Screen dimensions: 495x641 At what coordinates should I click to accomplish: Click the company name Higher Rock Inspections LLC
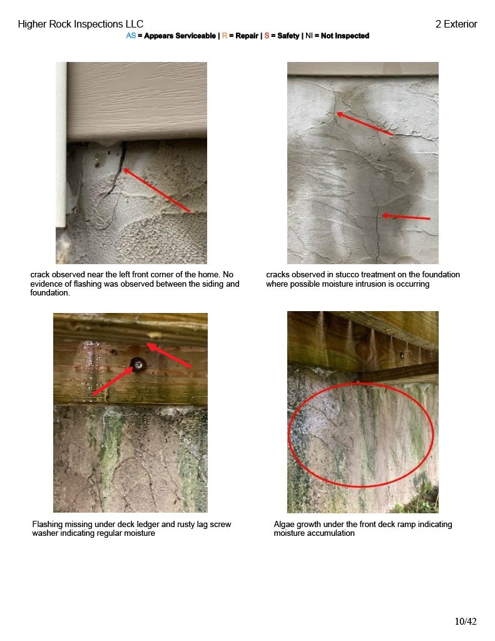(x=81, y=24)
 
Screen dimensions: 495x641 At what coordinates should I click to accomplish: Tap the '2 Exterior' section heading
(x=456, y=24)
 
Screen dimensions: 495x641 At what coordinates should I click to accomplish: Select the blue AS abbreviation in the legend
(x=131, y=36)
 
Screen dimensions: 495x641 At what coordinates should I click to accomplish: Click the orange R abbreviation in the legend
(x=225, y=36)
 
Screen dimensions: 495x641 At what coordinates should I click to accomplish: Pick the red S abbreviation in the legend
(x=267, y=36)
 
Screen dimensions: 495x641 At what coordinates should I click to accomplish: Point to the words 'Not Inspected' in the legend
(x=345, y=36)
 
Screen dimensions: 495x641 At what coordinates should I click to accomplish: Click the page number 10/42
(x=466, y=622)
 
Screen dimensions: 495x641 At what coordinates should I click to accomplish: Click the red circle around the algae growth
(x=289, y=434)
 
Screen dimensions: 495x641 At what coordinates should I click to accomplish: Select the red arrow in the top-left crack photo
(x=156, y=190)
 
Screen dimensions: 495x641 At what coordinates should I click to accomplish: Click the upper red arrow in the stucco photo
(x=365, y=123)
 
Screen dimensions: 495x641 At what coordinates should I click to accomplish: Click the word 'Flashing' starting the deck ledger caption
(x=47, y=524)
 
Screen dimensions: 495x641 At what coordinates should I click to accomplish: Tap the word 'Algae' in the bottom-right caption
(x=284, y=524)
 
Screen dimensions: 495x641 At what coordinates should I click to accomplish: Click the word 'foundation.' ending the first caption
(x=50, y=293)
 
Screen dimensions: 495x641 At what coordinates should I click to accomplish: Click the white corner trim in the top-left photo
(x=61, y=145)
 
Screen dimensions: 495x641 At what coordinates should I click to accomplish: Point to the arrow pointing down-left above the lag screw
(x=168, y=356)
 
